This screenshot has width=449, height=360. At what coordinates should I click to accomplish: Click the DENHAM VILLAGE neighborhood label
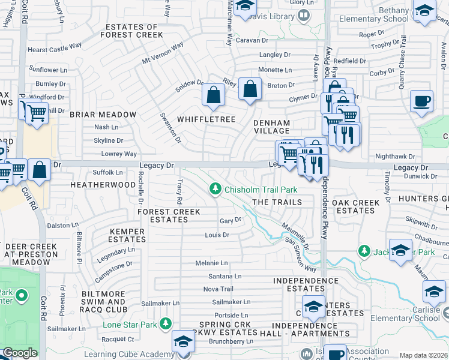pos(272,127)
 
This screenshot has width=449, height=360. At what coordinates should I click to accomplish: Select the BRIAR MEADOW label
pos(103,114)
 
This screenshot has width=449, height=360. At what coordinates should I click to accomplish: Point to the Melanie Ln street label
pos(211,263)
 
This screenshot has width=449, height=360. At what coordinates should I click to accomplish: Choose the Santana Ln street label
pos(224,276)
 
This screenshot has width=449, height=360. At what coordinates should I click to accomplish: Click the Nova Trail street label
pos(218,289)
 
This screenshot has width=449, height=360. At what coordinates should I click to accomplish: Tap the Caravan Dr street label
pos(252,40)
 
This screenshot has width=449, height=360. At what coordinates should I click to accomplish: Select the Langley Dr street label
pos(270,55)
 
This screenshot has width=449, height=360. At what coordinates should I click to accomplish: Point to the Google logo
pos(20,353)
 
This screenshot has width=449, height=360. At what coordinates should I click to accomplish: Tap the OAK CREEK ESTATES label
pos(356,206)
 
